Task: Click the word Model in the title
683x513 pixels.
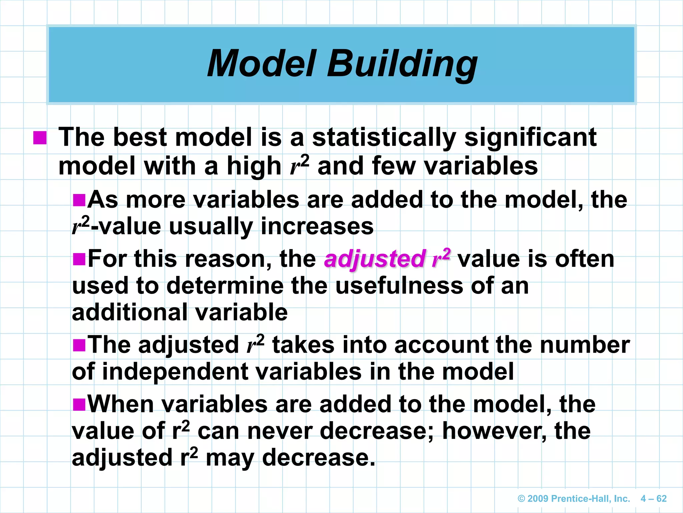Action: coord(261,63)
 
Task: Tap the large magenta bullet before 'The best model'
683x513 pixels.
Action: coord(40,138)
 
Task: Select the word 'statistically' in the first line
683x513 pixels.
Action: coord(384,138)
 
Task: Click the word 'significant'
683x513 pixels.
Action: coord(530,138)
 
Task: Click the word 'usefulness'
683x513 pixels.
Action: coord(399,286)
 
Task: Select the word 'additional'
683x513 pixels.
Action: coord(130,312)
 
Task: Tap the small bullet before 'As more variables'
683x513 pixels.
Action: coord(79,200)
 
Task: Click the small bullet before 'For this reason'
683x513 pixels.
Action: coord(79,259)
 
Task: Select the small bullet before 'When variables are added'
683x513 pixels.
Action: coord(79,404)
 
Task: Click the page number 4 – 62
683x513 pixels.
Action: coord(653,499)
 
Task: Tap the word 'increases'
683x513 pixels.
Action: coord(317,226)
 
